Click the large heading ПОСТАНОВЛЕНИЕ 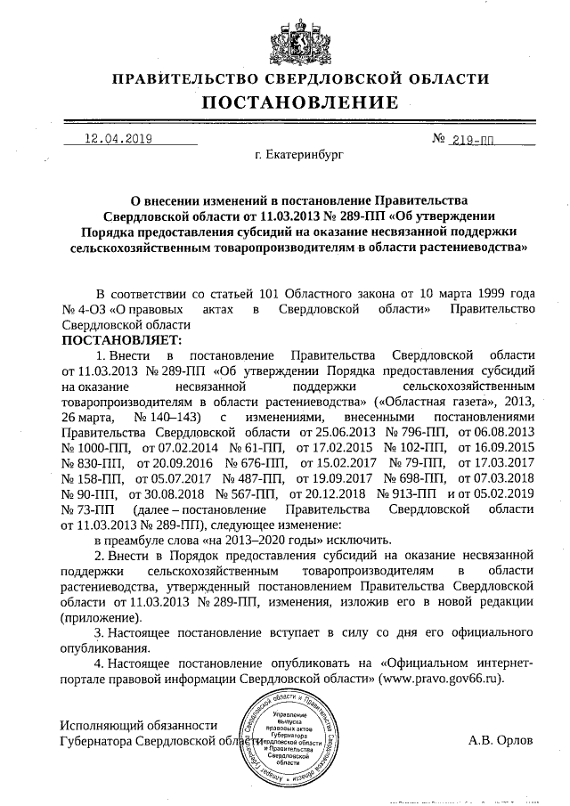click(298, 102)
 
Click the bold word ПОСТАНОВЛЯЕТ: click(121, 339)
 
